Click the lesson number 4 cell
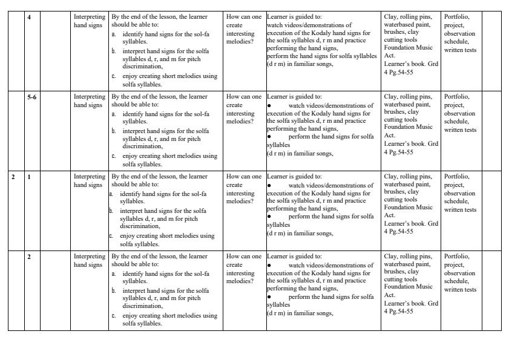coord(30,16)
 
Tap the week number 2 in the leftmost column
coord(13,176)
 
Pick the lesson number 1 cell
coord(30,176)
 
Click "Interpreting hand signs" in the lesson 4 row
coord(89,21)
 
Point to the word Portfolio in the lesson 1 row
coord(456,177)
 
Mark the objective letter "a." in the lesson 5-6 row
coord(114,114)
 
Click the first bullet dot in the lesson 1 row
coord(269,185)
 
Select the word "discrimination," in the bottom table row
coord(143,306)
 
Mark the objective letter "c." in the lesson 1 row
coord(112,236)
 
